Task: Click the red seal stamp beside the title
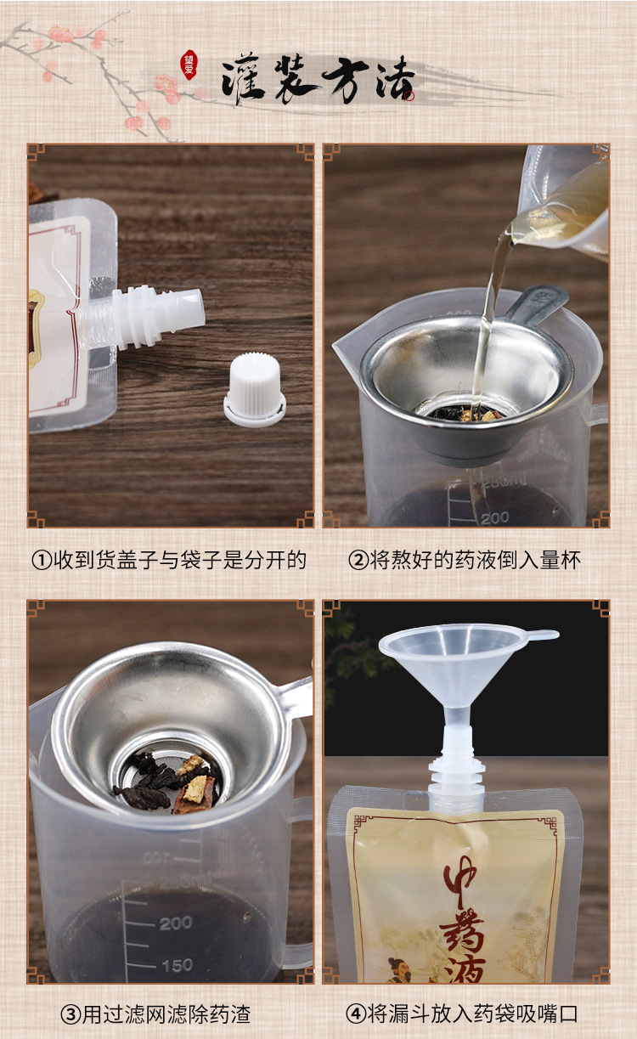pyautogui.click(x=189, y=66)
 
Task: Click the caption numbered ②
pyautogui.click(x=465, y=560)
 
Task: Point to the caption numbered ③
pyautogui.click(x=155, y=1014)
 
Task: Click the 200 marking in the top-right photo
pyautogui.click(x=493, y=517)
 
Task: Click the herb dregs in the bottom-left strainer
pyautogui.click(x=166, y=780)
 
